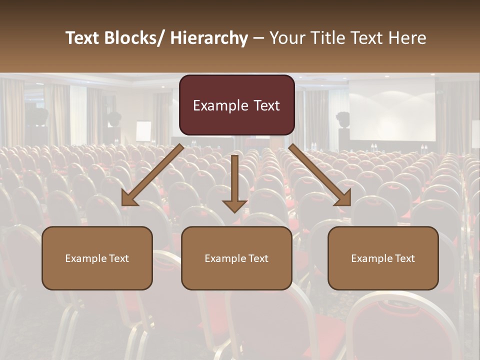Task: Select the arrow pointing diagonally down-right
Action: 320,175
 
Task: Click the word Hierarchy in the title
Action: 209,38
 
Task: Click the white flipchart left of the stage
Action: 143,131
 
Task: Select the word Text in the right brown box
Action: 404,258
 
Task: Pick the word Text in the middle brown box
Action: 258,258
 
